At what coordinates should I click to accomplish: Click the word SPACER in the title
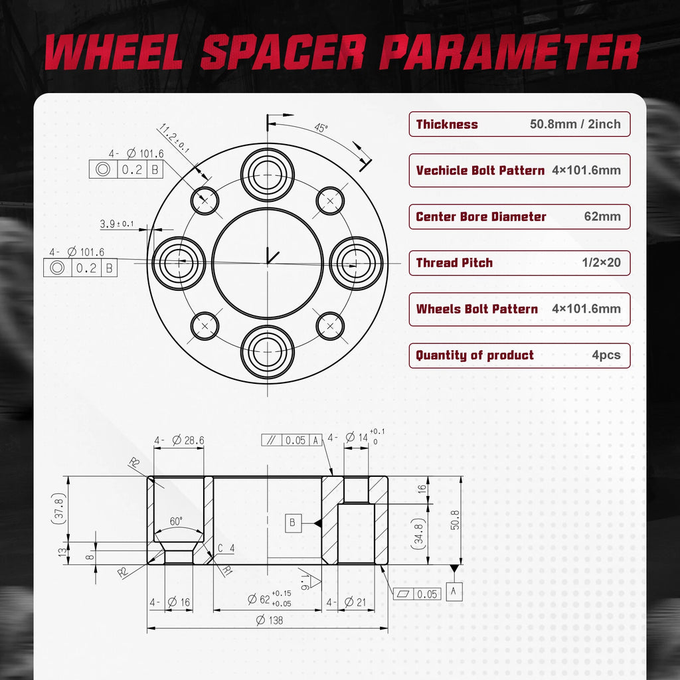(282, 52)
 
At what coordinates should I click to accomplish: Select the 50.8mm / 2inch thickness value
(575, 124)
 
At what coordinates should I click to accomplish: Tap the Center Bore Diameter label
(481, 216)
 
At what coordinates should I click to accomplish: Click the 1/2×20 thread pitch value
(601, 262)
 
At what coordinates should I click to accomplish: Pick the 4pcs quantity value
(606, 355)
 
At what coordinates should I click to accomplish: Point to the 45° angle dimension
(321, 128)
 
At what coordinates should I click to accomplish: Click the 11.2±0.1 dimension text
(175, 138)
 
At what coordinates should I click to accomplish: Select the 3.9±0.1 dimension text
(117, 224)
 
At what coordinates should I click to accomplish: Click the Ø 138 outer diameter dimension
(270, 620)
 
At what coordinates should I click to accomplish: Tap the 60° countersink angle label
(176, 521)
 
